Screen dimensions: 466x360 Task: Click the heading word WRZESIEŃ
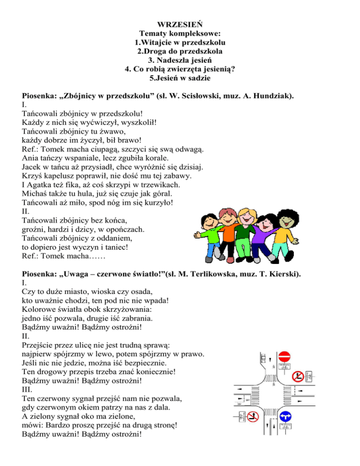tap(180, 24)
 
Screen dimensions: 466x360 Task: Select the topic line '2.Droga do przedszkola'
tap(180, 51)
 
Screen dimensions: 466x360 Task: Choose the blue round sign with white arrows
tap(285, 416)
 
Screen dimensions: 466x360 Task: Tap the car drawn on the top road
tap(263, 359)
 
